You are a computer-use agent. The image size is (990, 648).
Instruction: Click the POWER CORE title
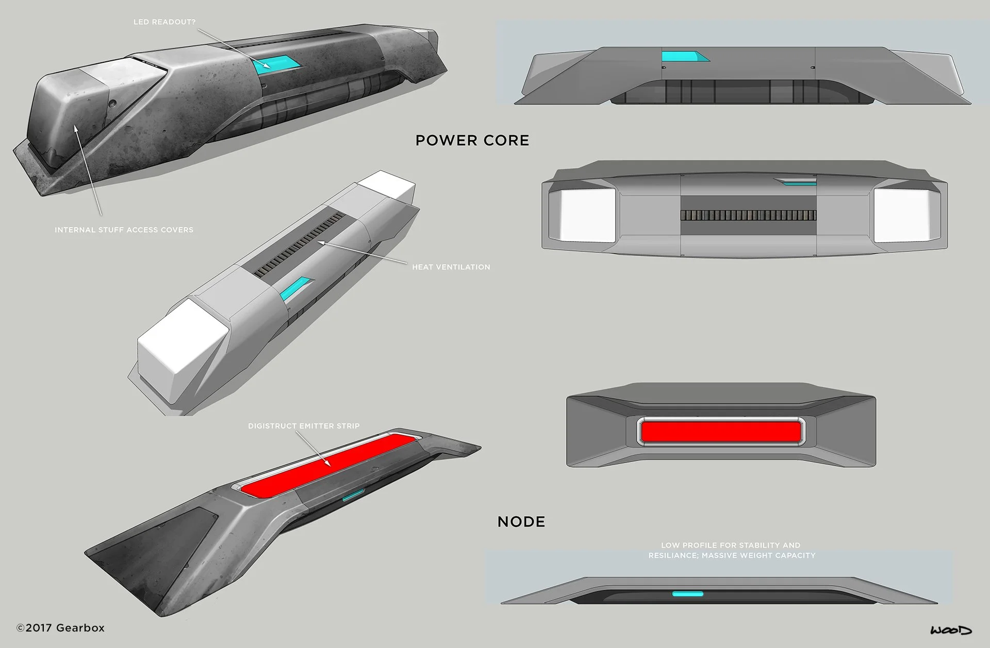point(472,141)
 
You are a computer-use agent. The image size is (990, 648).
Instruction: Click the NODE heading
point(521,522)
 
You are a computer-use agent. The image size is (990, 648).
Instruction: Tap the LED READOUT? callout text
point(164,22)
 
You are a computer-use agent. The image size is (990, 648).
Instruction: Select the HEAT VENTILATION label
point(451,267)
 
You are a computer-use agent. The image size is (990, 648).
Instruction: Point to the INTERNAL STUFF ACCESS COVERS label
point(124,230)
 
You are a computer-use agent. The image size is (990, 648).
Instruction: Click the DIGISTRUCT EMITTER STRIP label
point(304,426)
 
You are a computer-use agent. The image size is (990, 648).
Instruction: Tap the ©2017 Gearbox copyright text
point(60,628)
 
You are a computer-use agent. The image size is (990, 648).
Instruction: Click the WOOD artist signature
point(951,630)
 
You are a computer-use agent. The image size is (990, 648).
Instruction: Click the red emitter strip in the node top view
point(721,431)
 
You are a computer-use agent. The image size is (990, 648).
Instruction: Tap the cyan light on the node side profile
point(687,594)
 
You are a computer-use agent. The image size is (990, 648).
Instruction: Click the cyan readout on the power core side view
point(680,56)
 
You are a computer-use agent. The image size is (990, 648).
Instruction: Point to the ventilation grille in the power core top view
point(748,215)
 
